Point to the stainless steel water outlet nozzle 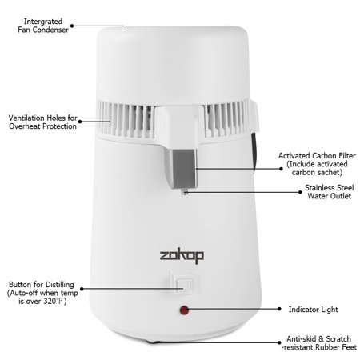pyautogui.click(x=186, y=190)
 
